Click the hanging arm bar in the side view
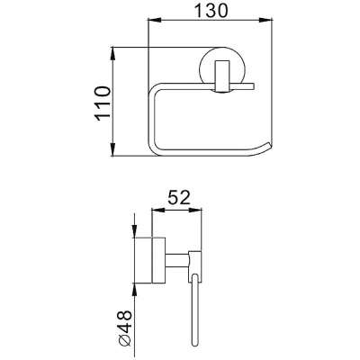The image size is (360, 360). point(193,315)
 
